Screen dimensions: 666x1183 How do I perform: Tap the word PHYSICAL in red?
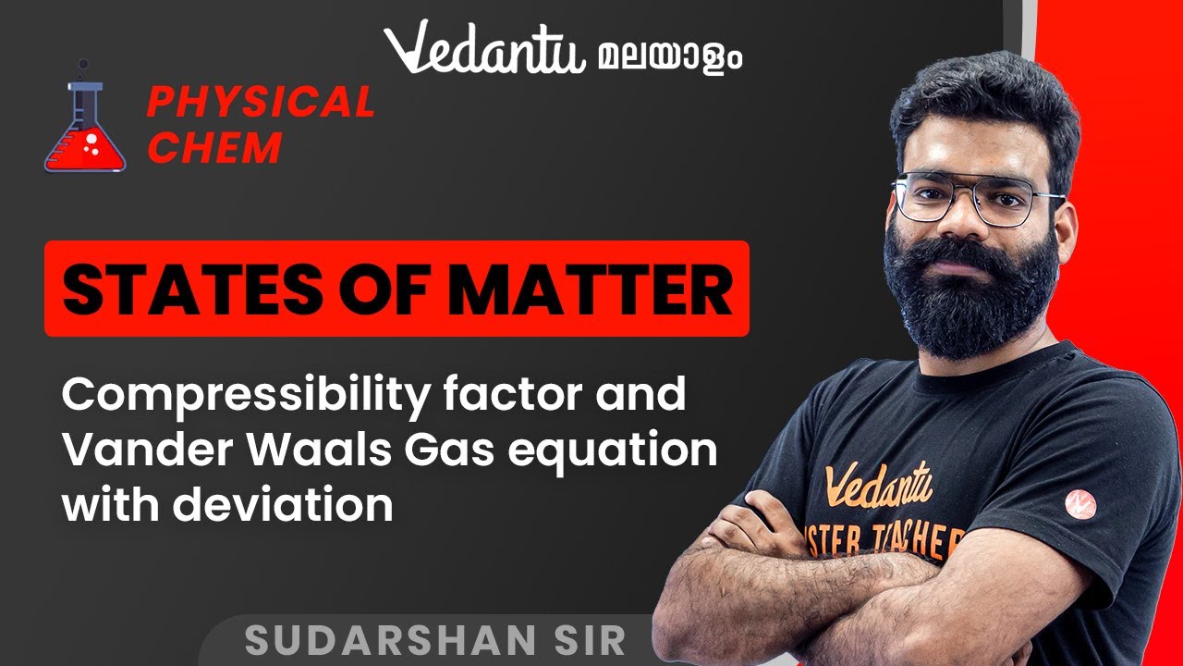point(261,103)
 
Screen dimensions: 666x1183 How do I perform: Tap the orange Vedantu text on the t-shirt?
point(878,487)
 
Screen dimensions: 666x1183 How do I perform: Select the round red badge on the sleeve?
point(1079,503)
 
